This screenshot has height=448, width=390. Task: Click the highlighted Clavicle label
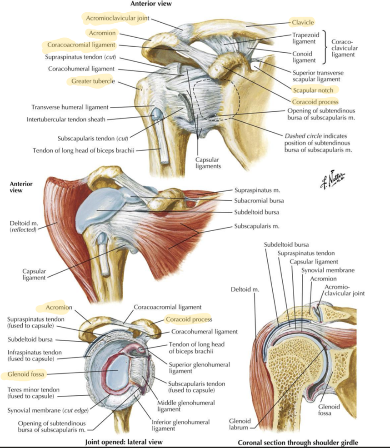(303, 22)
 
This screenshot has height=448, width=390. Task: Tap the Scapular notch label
(313, 90)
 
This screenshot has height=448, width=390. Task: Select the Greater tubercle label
(93, 81)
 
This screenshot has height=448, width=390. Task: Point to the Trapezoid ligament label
(305, 38)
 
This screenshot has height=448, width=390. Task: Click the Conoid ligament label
(304, 57)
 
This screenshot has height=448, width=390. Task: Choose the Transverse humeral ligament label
(70, 107)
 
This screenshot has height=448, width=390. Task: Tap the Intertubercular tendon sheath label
(66, 119)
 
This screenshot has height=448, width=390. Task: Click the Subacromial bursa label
(259, 200)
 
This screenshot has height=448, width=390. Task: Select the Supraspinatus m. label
(257, 190)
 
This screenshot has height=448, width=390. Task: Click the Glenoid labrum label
(240, 424)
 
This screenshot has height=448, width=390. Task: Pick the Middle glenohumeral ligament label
(186, 406)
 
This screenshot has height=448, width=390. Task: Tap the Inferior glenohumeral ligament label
(180, 425)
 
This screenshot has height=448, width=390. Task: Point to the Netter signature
(333, 180)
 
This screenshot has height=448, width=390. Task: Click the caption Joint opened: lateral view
(124, 442)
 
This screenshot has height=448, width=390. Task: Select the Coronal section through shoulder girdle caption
(298, 443)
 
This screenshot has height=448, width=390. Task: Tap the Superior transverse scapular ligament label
(318, 76)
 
